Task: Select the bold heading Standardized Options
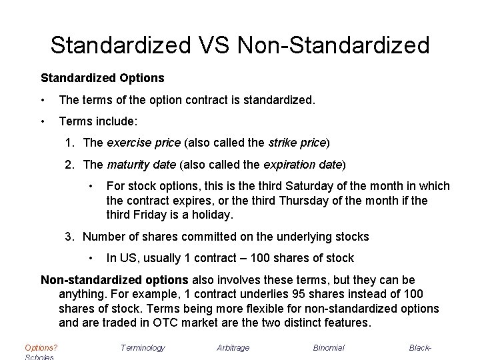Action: point(103,78)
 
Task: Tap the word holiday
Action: point(209,214)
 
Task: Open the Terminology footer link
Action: point(143,347)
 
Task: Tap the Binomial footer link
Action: point(329,347)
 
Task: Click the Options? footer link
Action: point(41,347)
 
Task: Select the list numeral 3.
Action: point(69,236)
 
